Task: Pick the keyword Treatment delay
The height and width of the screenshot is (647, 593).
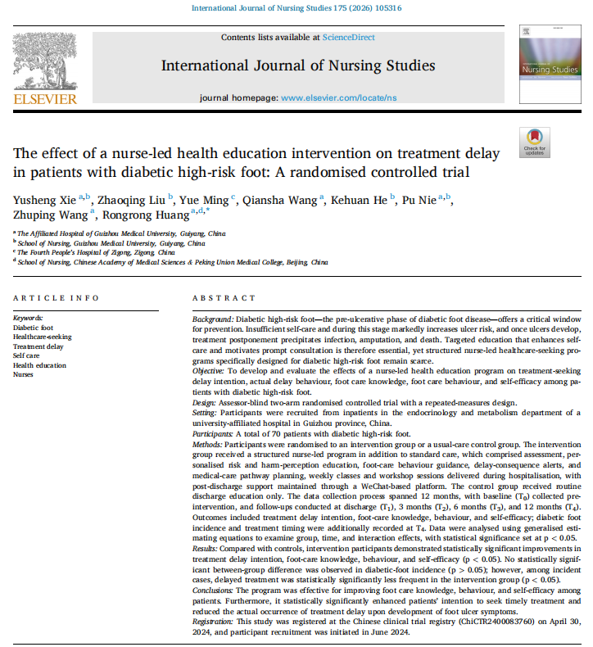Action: (x=39, y=346)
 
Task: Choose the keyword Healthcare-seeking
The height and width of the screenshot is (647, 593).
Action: (x=43, y=337)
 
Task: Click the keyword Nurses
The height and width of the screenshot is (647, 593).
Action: (x=24, y=375)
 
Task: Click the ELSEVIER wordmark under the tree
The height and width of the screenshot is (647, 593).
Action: (x=45, y=100)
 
